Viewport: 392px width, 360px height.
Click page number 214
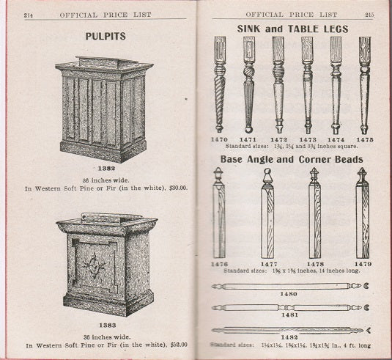click(30, 14)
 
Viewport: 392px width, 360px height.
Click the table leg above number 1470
click(220, 84)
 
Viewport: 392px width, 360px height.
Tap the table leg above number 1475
click(364, 84)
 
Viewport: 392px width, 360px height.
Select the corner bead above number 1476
click(218, 213)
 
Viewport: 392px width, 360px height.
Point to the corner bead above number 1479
click(362, 213)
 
